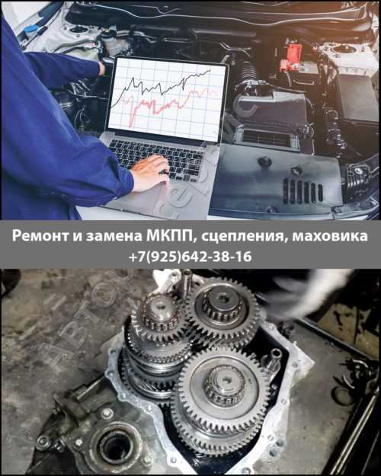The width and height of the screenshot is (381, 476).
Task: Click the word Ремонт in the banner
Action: click(x=40, y=237)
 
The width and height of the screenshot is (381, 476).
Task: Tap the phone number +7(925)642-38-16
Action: click(x=190, y=257)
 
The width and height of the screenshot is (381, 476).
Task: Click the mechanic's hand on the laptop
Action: click(x=149, y=173)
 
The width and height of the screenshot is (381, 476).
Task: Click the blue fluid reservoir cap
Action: click(x=30, y=31)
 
